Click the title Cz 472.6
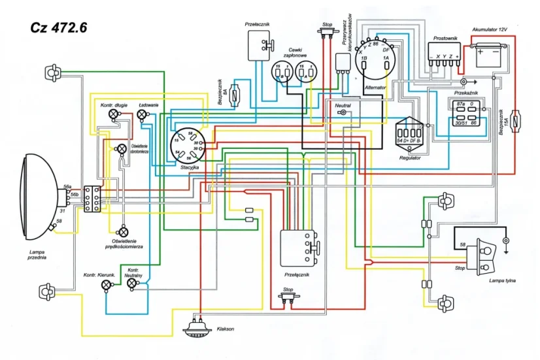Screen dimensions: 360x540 coord(59,28)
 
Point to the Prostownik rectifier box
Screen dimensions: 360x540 coord(445,53)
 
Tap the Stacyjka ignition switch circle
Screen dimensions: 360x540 coord(187,145)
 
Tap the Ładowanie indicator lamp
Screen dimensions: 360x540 coord(143,115)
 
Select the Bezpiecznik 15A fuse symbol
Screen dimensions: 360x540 coord(518,120)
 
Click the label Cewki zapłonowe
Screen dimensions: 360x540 coord(301,53)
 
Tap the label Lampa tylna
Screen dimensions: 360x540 coord(502,280)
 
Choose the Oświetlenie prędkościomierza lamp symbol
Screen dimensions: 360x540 coord(122,231)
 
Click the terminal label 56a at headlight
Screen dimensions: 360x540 coord(67,187)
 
